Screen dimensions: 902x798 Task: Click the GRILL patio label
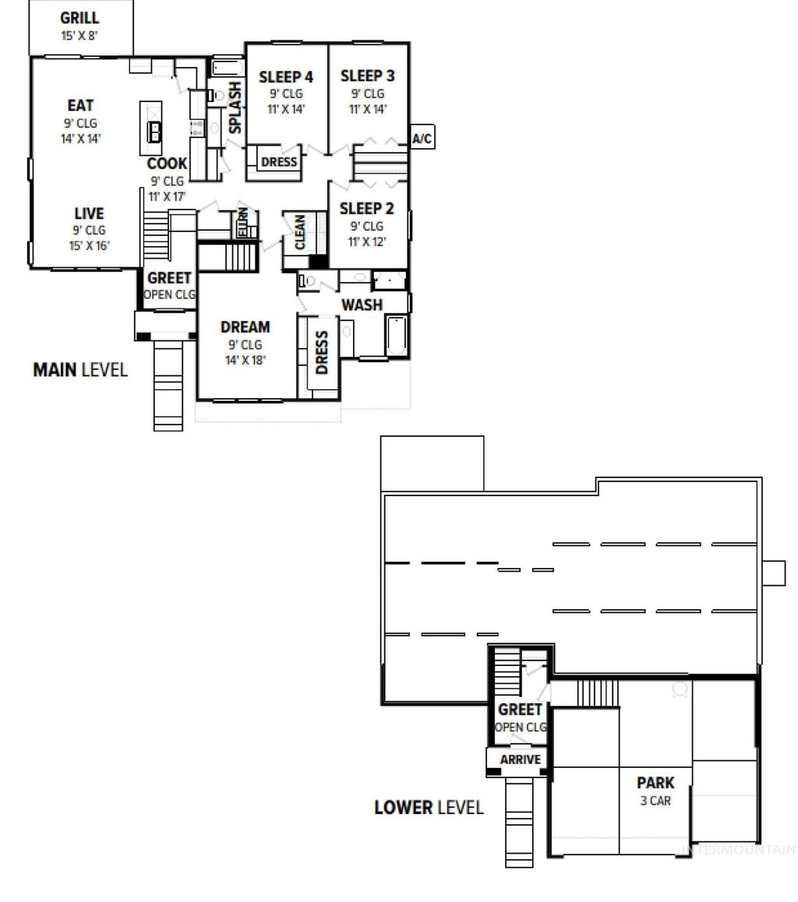point(79,18)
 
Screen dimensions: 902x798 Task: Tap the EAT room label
point(80,106)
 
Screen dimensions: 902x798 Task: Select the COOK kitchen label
point(168,164)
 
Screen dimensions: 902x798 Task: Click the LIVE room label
point(89,213)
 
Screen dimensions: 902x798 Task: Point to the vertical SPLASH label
point(235,109)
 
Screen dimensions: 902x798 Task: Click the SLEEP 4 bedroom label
point(286,76)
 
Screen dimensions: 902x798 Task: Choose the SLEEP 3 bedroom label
point(367,76)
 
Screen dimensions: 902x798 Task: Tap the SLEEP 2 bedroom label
point(366,209)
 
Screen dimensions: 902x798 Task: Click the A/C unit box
point(422,139)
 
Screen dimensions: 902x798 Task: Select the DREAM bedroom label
point(245,327)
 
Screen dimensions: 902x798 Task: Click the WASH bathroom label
point(362,305)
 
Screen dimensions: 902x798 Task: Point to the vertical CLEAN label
point(300,231)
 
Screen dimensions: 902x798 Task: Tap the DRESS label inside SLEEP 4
point(278,162)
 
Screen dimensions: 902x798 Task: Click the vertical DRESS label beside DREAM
point(321,353)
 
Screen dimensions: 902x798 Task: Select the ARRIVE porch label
point(520,759)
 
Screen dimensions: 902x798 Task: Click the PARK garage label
point(655,783)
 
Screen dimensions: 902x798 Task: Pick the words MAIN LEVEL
point(79,369)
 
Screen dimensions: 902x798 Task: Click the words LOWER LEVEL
point(429,807)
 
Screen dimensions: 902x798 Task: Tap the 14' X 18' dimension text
point(245,360)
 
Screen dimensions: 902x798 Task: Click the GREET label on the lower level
point(520,710)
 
